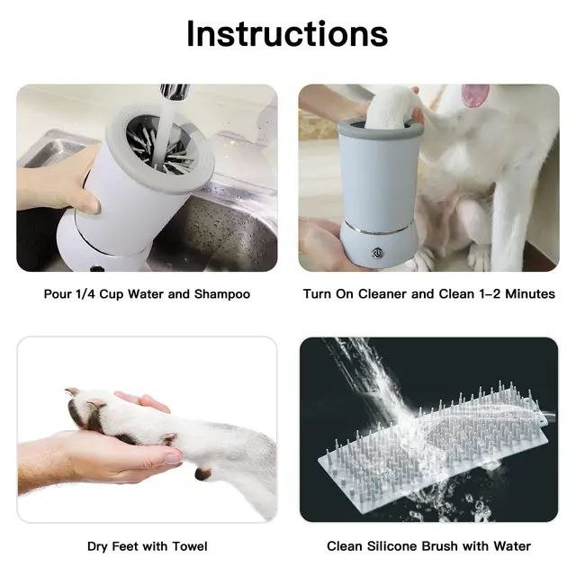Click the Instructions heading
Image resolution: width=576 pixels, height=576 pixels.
[x=287, y=33]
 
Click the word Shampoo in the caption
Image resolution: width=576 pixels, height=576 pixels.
[x=221, y=294]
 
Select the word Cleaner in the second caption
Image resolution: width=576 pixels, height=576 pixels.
[x=385, y=294]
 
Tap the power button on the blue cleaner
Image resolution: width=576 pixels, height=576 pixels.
[x=378, y=251]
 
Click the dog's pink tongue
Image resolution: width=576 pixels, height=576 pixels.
[x=474, y=95]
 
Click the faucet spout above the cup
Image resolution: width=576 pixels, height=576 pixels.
[x=174, y=92]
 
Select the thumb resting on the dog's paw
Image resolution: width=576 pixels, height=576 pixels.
[x=141, y=402]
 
